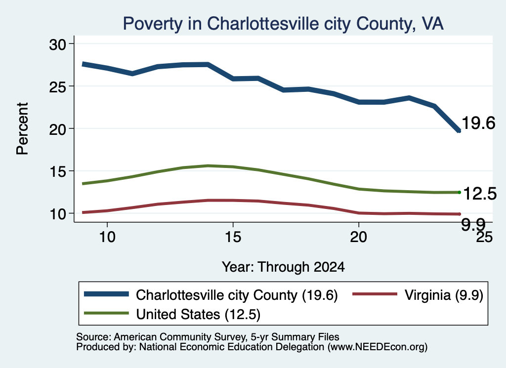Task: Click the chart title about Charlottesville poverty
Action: (283, 24)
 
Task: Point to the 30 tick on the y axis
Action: (58, 44)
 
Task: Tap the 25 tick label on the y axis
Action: (58, 86)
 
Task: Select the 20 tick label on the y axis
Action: (58, 129)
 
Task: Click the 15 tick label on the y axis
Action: (58, 171)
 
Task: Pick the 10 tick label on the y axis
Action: (58, 213)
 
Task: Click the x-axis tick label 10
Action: (107, 237)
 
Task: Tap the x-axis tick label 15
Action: (233, 237)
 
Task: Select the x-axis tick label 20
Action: (359, 237)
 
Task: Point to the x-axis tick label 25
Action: (484, 237)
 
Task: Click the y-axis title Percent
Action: (23, 129)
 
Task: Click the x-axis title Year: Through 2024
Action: (283, 267)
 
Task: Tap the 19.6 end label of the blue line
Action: (478, 123)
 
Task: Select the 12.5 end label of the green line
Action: (479, 194)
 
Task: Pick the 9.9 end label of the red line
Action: (473, 224)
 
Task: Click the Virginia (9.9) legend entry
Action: (418, 295)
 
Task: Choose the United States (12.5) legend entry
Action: (172, 314)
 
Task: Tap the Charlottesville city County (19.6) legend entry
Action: (211, 295)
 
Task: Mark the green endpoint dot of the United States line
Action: (459, 193)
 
